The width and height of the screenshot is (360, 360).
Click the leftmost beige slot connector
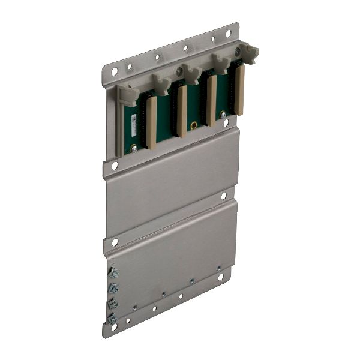click(151, 123)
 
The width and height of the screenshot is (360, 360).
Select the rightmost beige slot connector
click(239, 90)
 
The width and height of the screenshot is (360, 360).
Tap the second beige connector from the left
click(182, 111)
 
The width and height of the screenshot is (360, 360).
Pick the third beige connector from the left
click(211, 101)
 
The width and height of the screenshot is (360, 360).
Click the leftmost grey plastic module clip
click(128, 94)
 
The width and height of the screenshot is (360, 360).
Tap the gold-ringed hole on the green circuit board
click(194, 125)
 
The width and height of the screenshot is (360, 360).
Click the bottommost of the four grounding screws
click(112, 318)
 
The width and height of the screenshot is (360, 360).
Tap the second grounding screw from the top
click(113, 289)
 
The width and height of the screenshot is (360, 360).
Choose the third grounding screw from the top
click(112, 304)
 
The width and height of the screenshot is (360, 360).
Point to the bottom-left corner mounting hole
click(114, 327)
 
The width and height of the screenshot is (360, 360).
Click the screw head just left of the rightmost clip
click(237, 52)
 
